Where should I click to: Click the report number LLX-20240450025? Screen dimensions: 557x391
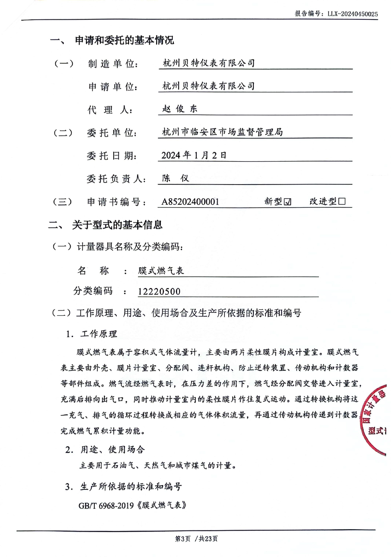[x=353, y=14]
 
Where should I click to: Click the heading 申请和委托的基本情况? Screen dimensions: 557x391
[x=124, y=40]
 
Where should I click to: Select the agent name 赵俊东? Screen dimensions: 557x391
[x=180, y=109]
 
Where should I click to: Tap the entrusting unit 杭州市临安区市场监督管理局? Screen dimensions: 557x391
[x=222, y=132]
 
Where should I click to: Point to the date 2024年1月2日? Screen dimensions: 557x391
[x=194, y=155]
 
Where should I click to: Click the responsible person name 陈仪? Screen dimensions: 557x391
[x=176, y=178]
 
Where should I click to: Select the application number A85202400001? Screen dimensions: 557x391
[x=190, y=202]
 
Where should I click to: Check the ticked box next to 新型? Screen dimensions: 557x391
[x=287, y=202]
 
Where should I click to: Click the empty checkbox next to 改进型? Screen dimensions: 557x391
[x=342, y=201]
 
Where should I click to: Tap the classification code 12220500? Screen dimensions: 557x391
[x=159, y=291]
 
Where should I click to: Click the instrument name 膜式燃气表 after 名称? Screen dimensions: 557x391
[x=161, y=271]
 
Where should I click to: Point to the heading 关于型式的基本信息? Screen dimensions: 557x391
[x=117, y=225]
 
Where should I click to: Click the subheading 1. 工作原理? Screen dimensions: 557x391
[x=91, y=334]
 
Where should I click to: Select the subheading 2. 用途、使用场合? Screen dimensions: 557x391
[x=105, y=450]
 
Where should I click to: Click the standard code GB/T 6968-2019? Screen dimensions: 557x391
[x=106, y=506]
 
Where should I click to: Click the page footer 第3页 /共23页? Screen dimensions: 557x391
[x=196, y=539]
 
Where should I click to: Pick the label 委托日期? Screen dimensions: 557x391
[x=112, y=156]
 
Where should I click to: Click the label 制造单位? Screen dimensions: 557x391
[x=113, y=64]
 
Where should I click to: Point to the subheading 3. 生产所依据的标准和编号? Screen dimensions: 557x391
[x=124, y=487]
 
